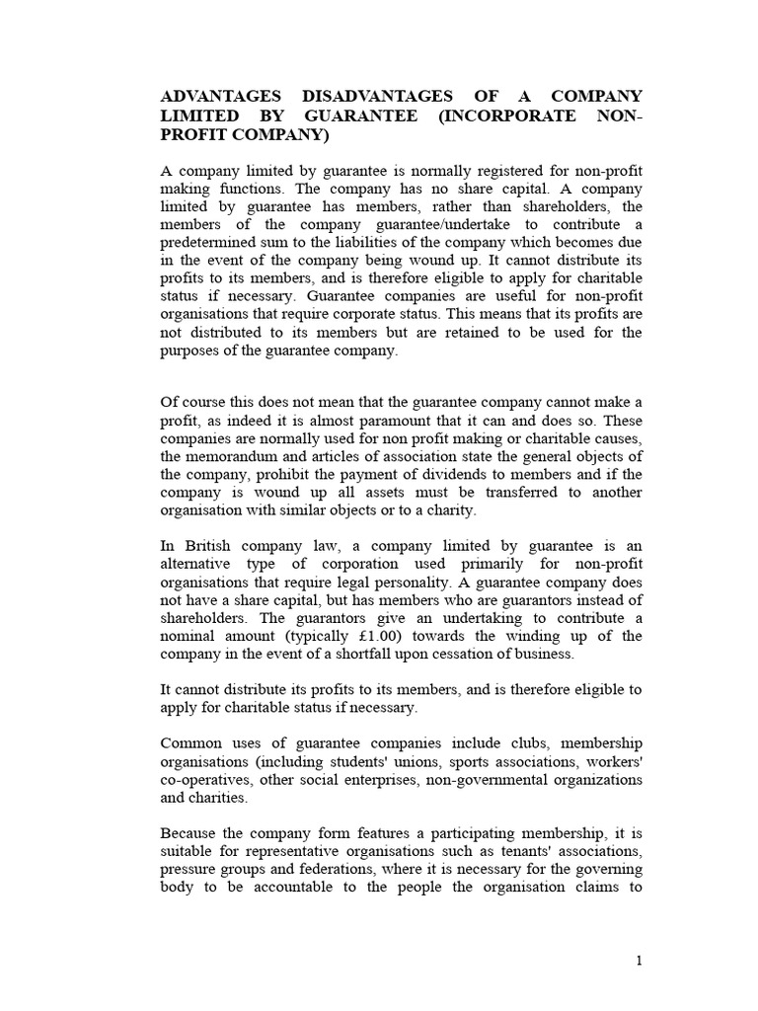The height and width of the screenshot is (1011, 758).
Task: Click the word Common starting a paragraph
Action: coord(189,742)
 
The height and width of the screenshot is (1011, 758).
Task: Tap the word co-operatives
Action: coord(204,779)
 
